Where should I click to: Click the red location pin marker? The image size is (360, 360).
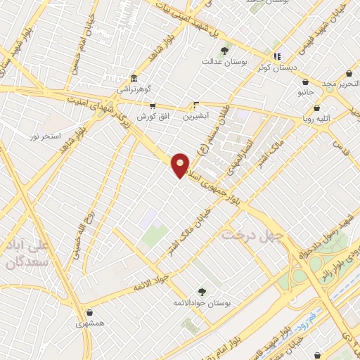(181, 165)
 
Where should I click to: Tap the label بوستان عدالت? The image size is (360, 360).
(226, 63)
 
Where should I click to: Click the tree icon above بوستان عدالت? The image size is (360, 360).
(225, 51)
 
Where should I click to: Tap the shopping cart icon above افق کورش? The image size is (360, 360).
(152, 105)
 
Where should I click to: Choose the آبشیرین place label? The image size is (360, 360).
(197, 115)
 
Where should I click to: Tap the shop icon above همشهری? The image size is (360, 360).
(89, 313)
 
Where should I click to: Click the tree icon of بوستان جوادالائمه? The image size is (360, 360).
(202, 291)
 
